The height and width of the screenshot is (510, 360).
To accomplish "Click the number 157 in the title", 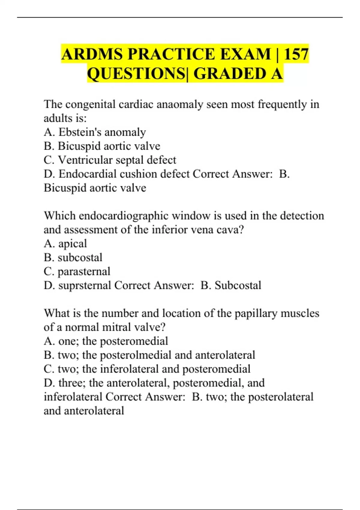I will (x=296, y=54).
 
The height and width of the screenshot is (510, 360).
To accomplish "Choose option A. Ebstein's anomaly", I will (x=95, y=132).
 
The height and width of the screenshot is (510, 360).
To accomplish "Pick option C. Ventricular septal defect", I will (x=110, y=160).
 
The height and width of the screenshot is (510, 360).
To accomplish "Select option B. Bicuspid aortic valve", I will (x=102, y=146).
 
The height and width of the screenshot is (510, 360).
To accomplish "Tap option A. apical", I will (x=65, y=244).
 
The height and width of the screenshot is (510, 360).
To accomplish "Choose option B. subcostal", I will (x=73, y=257).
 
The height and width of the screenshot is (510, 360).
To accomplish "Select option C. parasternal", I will (x=77, y=271).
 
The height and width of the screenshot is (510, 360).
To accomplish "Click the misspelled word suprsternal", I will (x=85, y=285).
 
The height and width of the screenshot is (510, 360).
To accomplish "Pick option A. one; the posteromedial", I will (x=106, y=341).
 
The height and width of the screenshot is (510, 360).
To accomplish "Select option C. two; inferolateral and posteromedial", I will (x=147, y=369).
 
